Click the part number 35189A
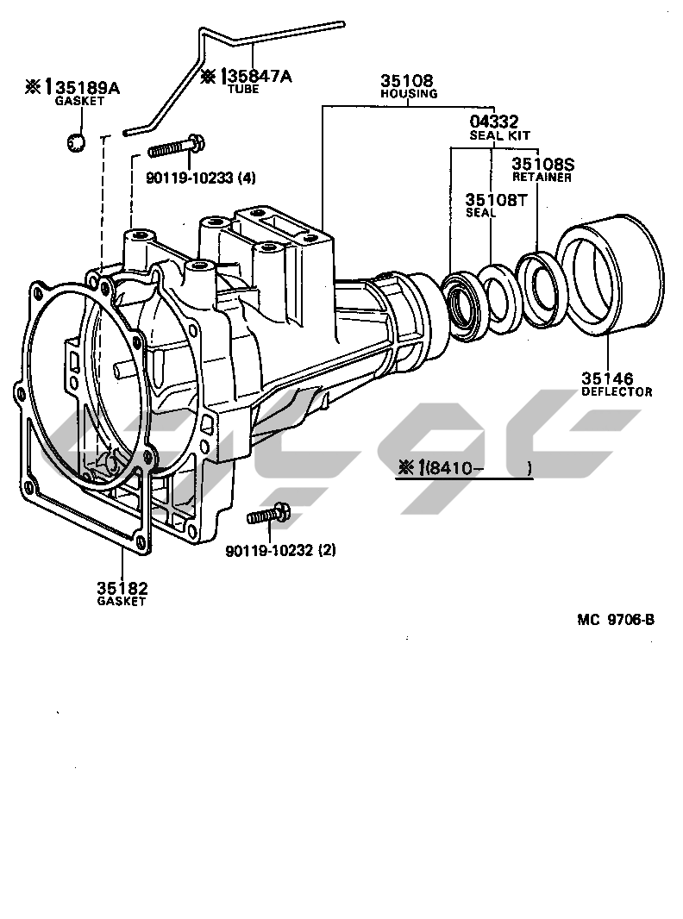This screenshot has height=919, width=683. click(x=89, y=88)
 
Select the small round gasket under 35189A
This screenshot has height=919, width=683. click(x=76, y=142)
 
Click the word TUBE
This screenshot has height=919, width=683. click(x=243, y=90)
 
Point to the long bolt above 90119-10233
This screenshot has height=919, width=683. click(x=176, y=147)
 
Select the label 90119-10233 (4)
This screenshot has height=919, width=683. click(x=201, y=178)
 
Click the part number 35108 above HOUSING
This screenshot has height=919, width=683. click(x=407, y=80)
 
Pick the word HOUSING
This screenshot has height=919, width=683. click(x=409, y=94)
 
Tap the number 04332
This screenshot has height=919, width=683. click(x=494, y=122)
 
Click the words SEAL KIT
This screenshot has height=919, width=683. click(x=499, y=135)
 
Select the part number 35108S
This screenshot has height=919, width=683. click(x=543, y=164)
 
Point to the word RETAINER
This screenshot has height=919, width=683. click(x=542, y=177)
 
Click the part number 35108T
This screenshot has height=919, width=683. click(x=497, y=200)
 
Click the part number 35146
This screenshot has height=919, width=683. click(x=607, y=378)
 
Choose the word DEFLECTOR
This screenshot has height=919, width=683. click(x=617, y=391)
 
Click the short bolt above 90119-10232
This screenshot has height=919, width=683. click(x=268, y=514)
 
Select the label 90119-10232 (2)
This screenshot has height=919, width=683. click(x=281, y=550)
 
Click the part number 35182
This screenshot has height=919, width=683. click(x=122, y=588)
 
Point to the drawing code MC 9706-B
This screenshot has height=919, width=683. click(x=616, y=620)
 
